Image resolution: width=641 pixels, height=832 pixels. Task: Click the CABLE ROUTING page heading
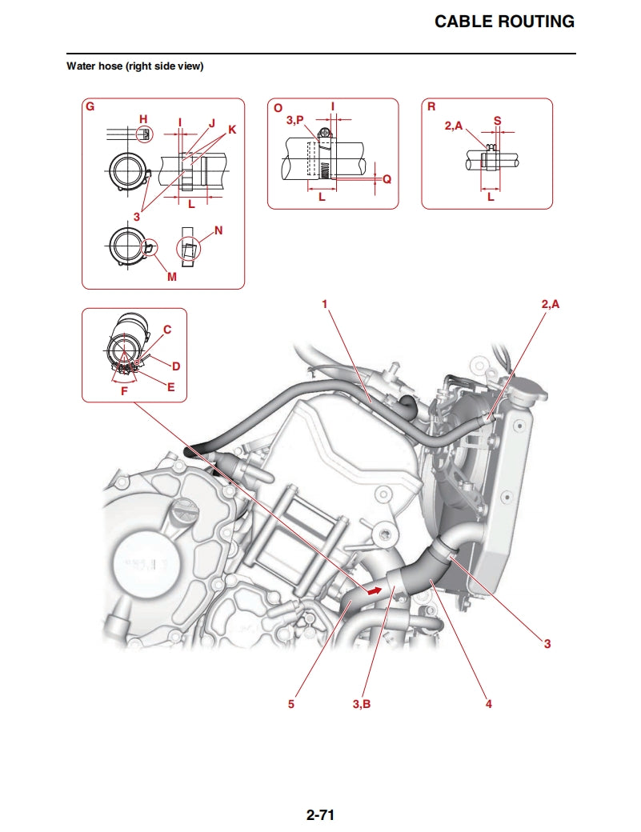click(504, 22)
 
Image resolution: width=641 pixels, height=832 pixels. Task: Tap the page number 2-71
click(319, 815)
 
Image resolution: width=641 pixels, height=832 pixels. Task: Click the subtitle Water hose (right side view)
click(134, 66)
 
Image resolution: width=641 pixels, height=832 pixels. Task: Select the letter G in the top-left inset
click(90, 106)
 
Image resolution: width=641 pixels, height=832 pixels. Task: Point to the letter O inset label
click(277, 106)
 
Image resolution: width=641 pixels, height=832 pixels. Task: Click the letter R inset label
click(431, 106)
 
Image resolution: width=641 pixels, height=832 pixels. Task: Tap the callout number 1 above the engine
click(325, 304)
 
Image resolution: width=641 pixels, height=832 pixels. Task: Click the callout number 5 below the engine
click(291, 704)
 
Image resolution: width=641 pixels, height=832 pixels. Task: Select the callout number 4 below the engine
click(488, 704)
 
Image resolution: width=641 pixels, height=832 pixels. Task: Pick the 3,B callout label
click(362, 704)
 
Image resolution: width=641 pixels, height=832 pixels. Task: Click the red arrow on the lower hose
click(372, 591)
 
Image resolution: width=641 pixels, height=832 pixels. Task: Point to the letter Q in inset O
click(387, 179)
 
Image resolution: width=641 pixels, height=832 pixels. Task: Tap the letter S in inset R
click(497, 121)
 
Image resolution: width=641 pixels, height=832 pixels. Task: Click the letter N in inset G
click(218, 230)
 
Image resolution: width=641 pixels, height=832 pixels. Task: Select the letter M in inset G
click(172, 277)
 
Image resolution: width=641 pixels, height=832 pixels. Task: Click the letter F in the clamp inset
click(123, 392)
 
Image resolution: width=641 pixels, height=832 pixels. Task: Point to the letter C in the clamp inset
click(167, 329)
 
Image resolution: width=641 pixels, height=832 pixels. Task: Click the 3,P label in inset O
click(294, 121)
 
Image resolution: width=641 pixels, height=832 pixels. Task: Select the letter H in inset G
click(143, 119)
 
